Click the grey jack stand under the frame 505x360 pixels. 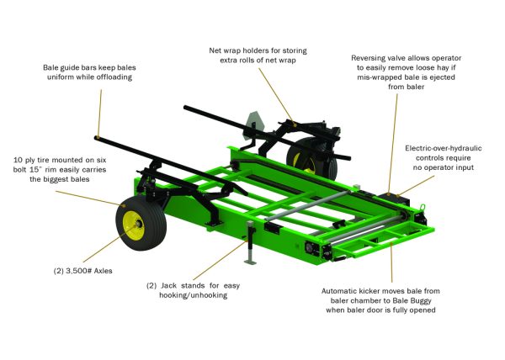point(250,242)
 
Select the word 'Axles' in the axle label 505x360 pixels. point(104,271)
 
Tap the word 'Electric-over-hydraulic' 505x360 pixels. point(444,148)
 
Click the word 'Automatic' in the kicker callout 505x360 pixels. point(337,291)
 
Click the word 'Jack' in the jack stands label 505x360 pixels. point(168,286)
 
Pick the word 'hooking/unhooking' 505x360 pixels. point(194,295)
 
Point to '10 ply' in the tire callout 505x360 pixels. point(24,160)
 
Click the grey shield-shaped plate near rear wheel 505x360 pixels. point(253,125)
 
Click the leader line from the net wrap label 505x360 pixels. point(276,95)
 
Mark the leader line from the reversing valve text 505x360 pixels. point(393,144)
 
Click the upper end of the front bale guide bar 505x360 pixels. point(97,138)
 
